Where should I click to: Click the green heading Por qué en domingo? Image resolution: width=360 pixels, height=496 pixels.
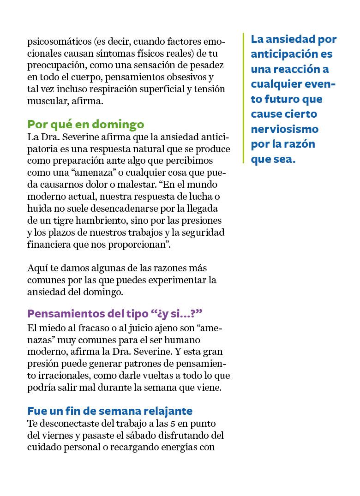click(86, 125)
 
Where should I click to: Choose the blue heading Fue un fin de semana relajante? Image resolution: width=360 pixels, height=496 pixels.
click(110, 411)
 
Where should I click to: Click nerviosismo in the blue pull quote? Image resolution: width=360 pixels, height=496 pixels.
click(285, 129)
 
